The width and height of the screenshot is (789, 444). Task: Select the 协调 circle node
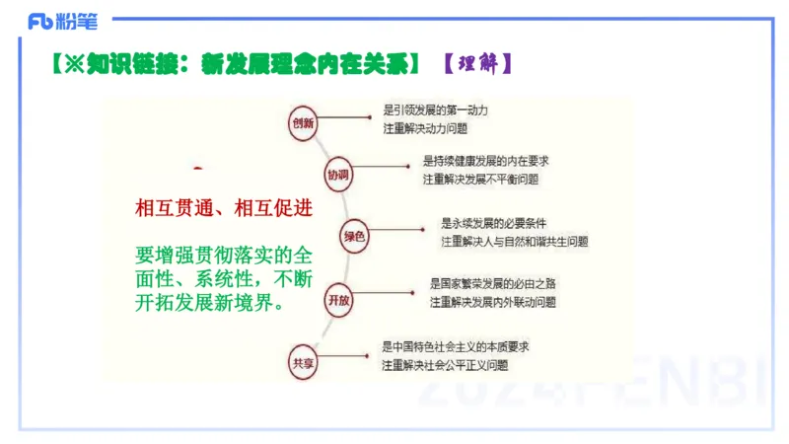338,175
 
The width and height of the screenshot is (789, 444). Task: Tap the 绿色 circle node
354,236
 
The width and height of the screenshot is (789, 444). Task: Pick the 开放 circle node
338,299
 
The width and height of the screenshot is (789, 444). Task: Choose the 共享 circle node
302,361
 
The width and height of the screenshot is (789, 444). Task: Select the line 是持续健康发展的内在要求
486,160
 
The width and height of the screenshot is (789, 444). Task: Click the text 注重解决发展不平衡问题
481,180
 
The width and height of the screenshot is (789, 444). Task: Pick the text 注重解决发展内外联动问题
493,302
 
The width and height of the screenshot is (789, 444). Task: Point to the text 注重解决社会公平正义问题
445,365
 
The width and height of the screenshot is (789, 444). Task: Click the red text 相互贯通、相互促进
224,209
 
